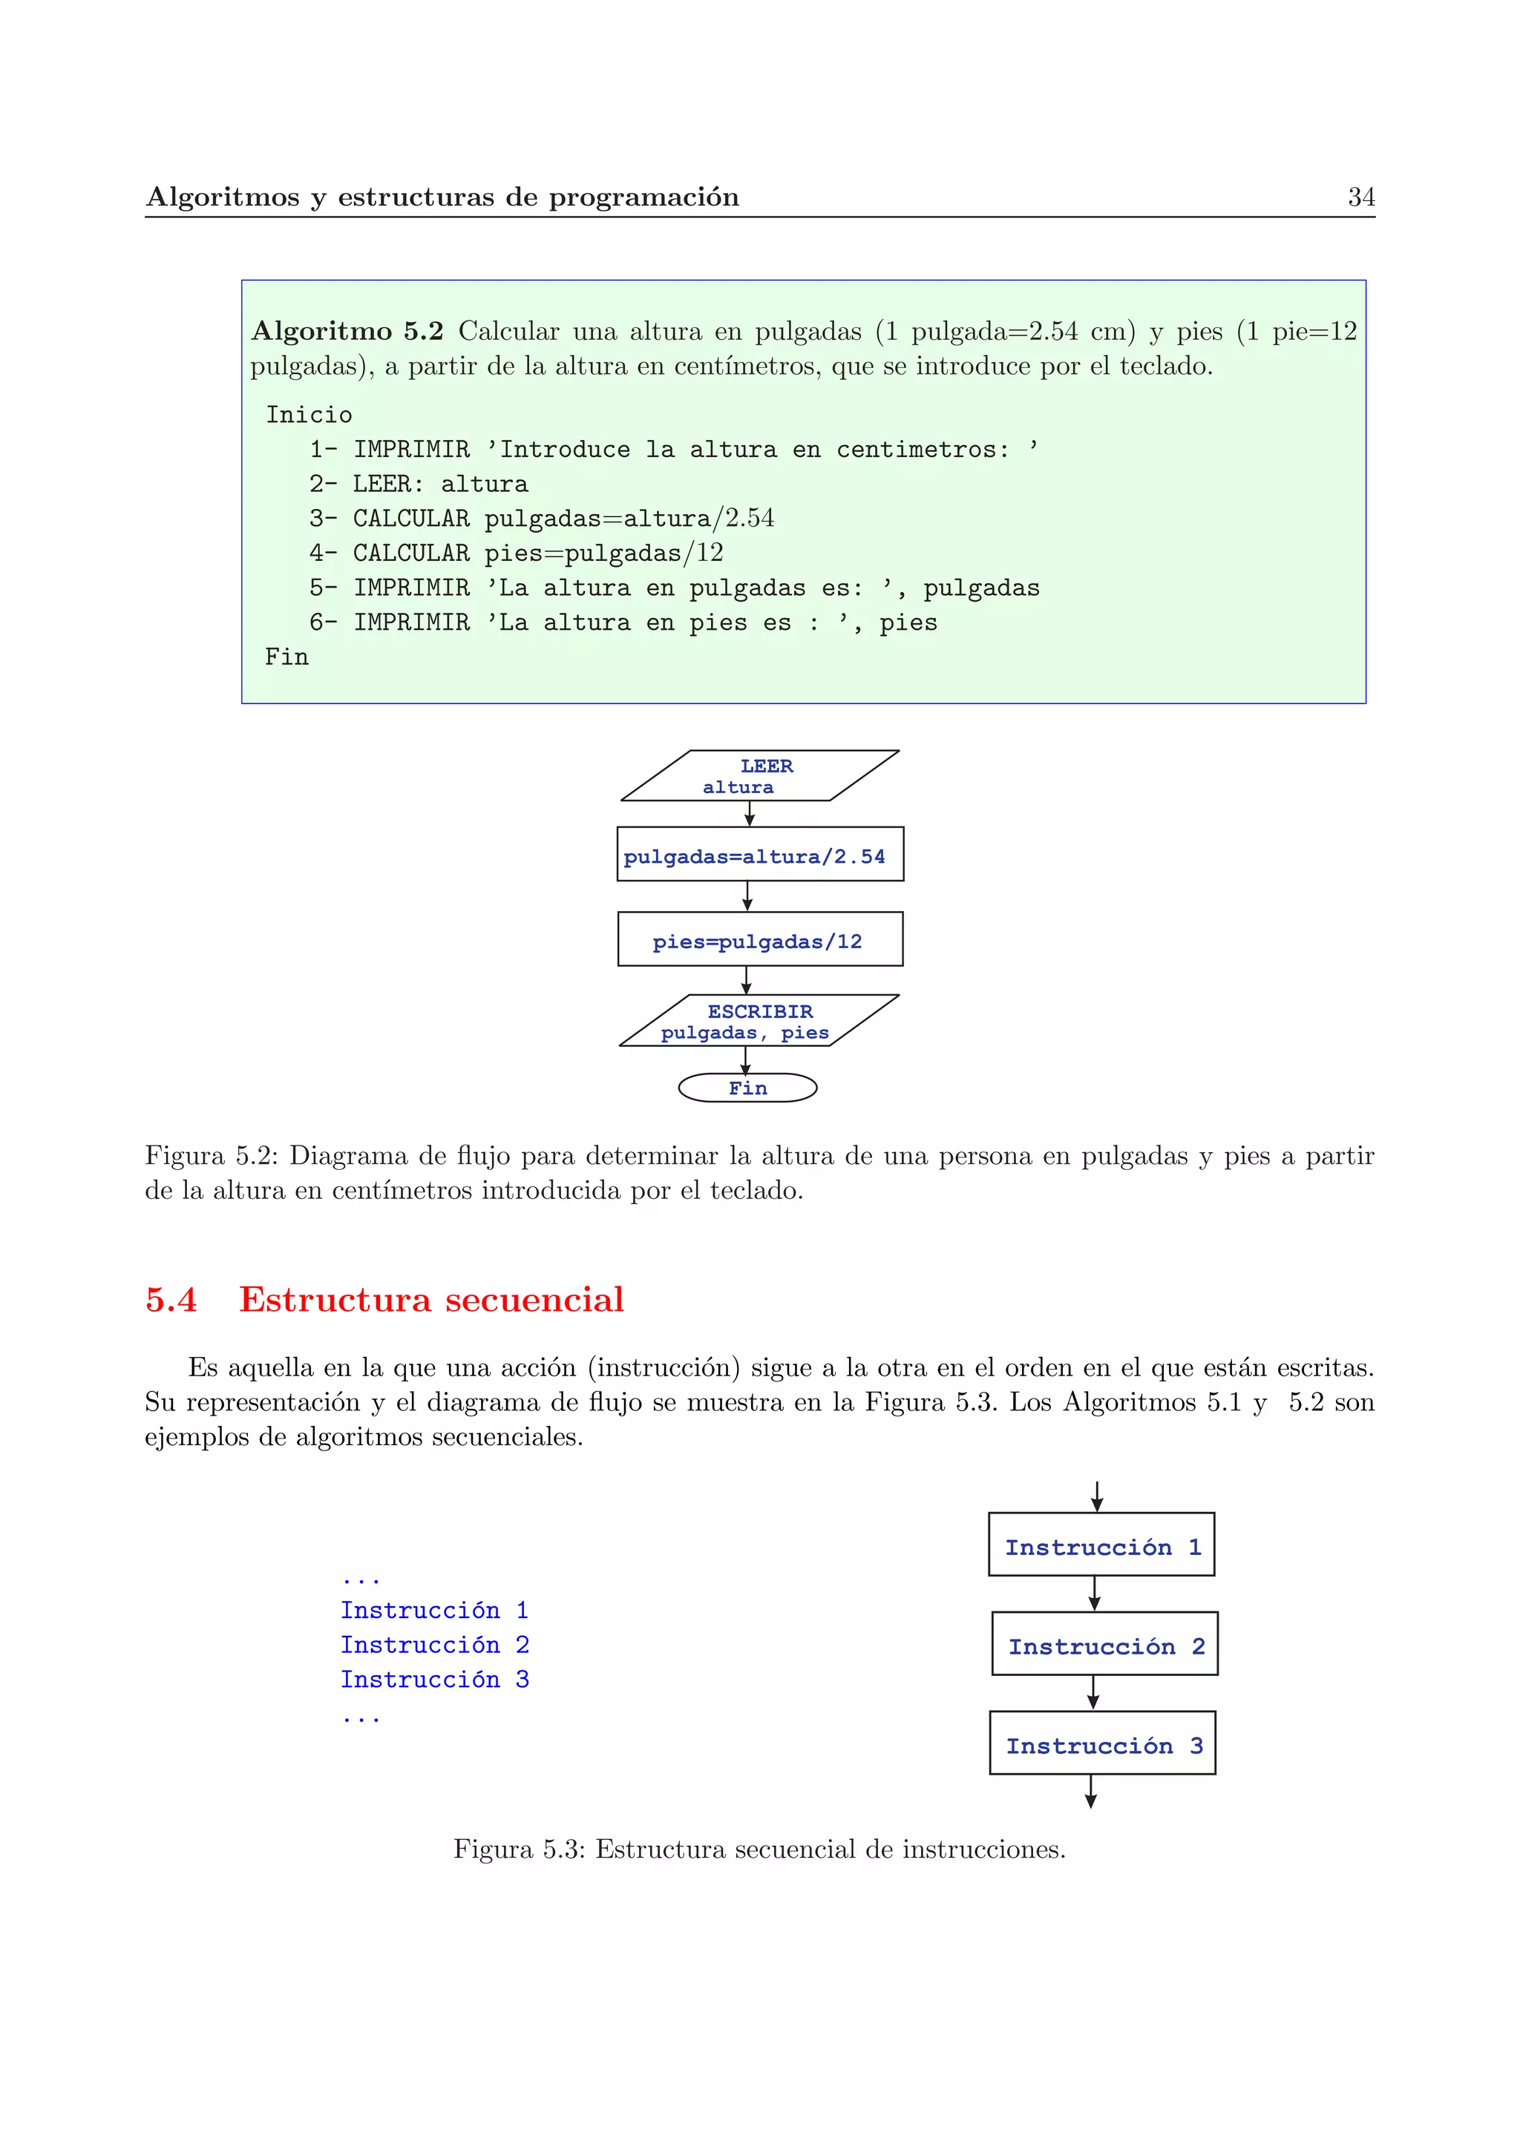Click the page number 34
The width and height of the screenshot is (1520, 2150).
[x=1360, y=197]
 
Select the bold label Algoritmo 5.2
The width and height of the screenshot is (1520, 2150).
[x=347, y=332]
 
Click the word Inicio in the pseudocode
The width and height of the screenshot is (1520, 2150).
[x=309, y=415]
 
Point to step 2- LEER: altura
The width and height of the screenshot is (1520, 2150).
[x=419, y=484]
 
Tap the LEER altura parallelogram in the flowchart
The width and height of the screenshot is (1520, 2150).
[x=759, y=776]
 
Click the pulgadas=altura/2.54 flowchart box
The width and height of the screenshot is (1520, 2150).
[x=759, y=855]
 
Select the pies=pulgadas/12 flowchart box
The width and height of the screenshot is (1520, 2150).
[x=759, y=939]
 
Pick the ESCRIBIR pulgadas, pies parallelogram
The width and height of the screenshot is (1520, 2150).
[x=759, y=1021]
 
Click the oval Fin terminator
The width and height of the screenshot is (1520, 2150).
[x=747, y=1088]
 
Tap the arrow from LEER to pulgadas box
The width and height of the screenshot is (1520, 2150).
[x=749, y=814]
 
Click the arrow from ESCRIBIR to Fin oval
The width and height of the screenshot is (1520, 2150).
[x=747, y=1059]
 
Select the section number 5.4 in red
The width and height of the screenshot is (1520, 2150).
[x=171, y=1300]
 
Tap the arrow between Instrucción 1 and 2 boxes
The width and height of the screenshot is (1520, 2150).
[x=1094, y=1593]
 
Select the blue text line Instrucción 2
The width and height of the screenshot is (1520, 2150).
[x=435, y=1646]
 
